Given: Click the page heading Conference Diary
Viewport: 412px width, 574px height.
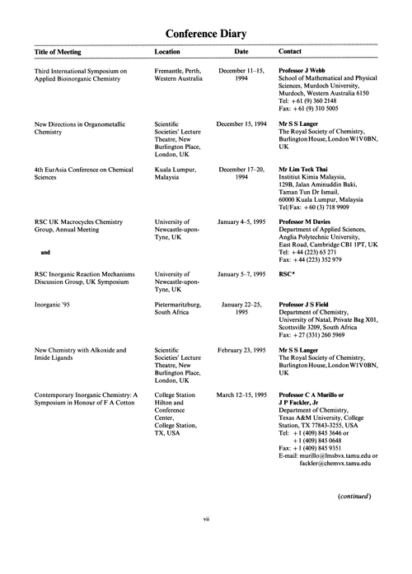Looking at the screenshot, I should tap(206, 33).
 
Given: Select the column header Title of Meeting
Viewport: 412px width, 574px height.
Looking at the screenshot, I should tap(63, 51).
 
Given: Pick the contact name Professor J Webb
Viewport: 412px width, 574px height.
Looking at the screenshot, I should tap(303, 72).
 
